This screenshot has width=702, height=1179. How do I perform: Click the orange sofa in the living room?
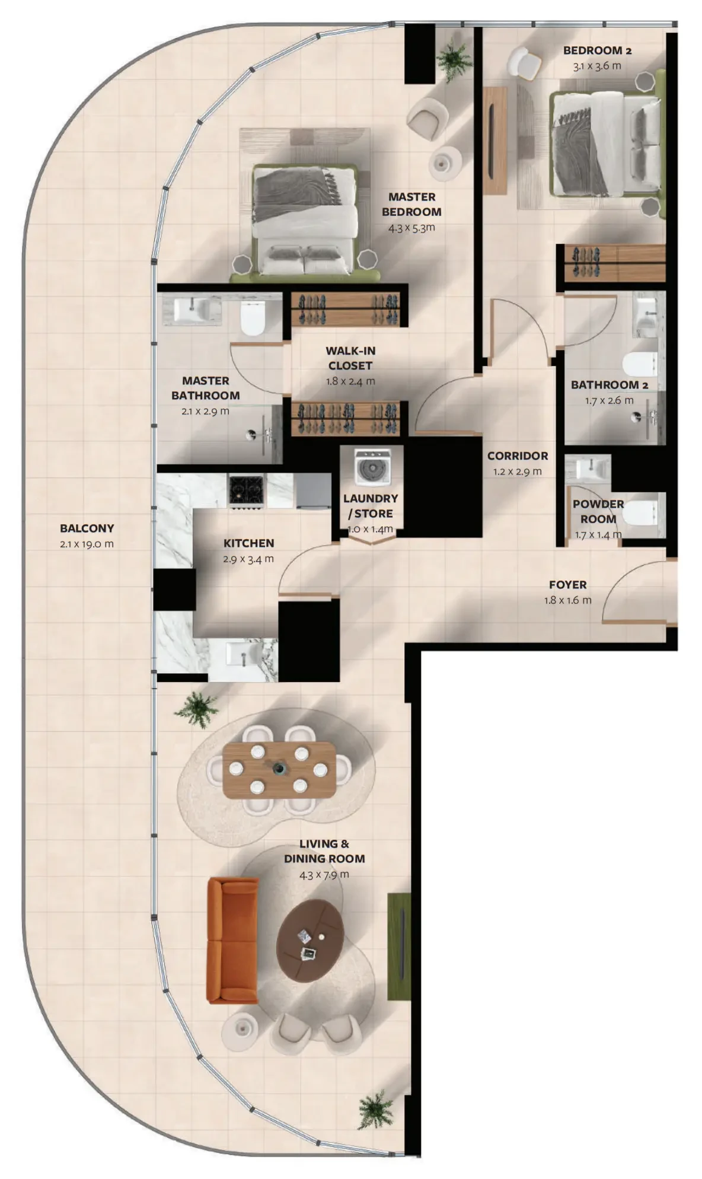coord(232,940)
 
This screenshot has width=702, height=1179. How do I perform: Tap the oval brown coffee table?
coord(311,941)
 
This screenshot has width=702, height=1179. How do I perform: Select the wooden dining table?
coord(279,769)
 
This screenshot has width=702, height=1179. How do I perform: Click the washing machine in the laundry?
coord(372,467)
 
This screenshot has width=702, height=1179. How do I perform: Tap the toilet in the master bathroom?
coord(253,318)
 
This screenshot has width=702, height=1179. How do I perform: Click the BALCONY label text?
coord(87,528)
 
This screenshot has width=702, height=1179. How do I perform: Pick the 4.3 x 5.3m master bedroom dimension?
coord(411,227)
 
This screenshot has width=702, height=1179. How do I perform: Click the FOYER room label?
coord(567,584)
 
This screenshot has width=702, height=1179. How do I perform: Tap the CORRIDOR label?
coord(518,455)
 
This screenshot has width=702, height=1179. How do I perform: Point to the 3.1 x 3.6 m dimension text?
coord(597,66)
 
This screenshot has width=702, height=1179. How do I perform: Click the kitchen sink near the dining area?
coord(244,657)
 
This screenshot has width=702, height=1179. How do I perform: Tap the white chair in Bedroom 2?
coord(524,62)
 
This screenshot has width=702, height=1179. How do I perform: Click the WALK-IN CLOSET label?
coord(350,358)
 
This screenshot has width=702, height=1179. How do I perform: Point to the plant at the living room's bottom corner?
coord(375,1110)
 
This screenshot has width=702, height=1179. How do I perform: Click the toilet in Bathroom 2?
coord(640,364)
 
